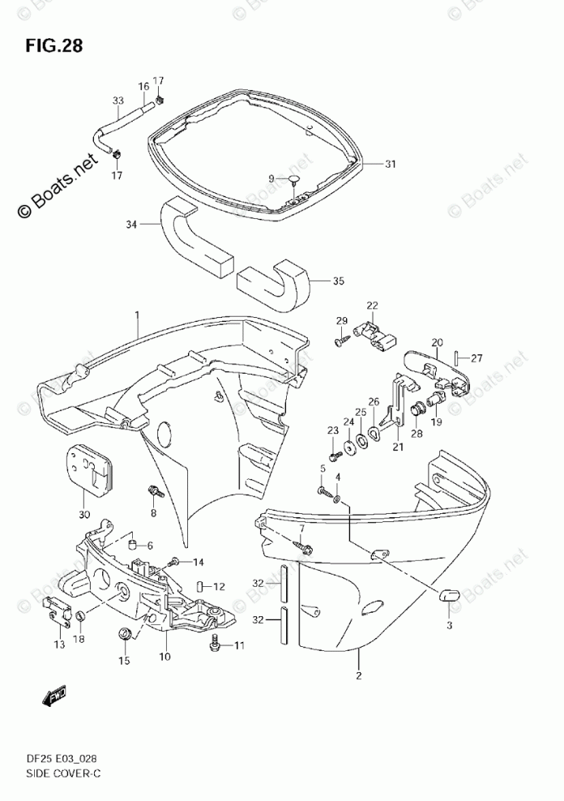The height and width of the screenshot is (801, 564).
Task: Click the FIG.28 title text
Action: click(x=54, y=45)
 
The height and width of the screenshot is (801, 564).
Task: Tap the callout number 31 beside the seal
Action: click(x=390, y=164)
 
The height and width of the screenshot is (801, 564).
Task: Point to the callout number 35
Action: click(x=338, y=281)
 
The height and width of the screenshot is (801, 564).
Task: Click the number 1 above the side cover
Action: click(x=138, y=315)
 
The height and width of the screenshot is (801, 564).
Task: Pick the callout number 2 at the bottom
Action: click(x=357, y=675)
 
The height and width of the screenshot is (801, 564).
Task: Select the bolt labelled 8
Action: click(x=152, y=492)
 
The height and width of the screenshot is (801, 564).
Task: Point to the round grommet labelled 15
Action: click(x=125, y=633)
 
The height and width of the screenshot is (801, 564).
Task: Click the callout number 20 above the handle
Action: click(x=437, y=342)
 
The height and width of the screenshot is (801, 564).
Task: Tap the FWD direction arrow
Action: click(x=56, y=696)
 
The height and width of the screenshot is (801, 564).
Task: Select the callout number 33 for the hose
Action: click(x=117, y=101)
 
